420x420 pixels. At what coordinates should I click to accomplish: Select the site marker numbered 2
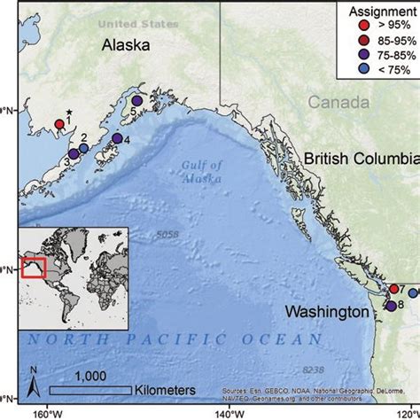pos(84,148)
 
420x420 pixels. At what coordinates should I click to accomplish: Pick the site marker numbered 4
pos(117,138)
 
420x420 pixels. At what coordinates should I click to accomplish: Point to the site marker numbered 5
pos(136,103)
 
